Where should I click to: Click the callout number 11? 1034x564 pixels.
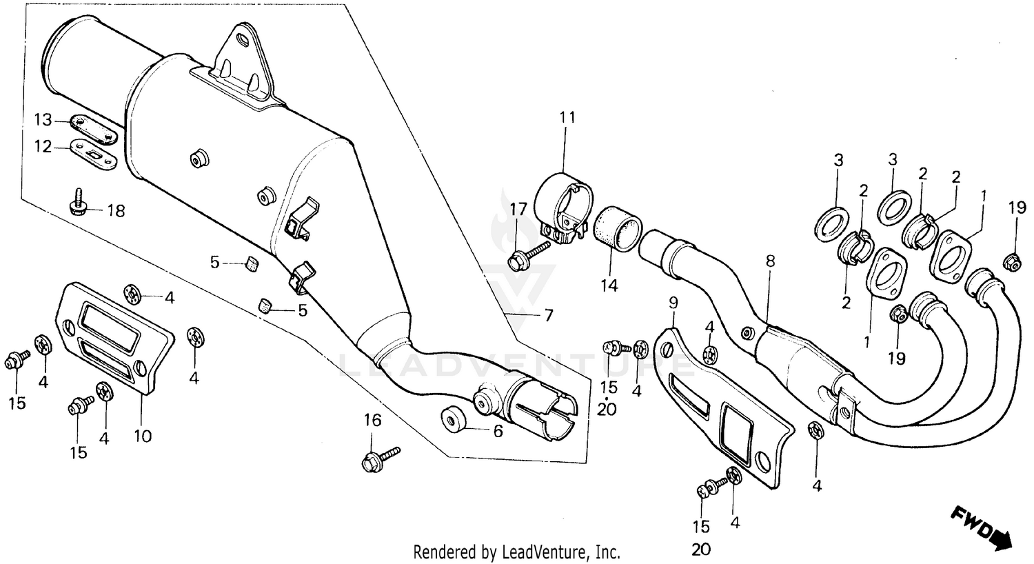tap(567, 118)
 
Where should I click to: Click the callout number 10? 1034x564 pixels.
tap(143, 436)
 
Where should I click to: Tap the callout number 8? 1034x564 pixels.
tap(770, 261)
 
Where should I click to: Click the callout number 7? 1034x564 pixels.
tap(548, 316)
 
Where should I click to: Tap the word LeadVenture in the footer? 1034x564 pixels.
tap(549, 552)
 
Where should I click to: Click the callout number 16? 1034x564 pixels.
tap(372, 420)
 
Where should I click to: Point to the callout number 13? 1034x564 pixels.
tap(43, 121)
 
